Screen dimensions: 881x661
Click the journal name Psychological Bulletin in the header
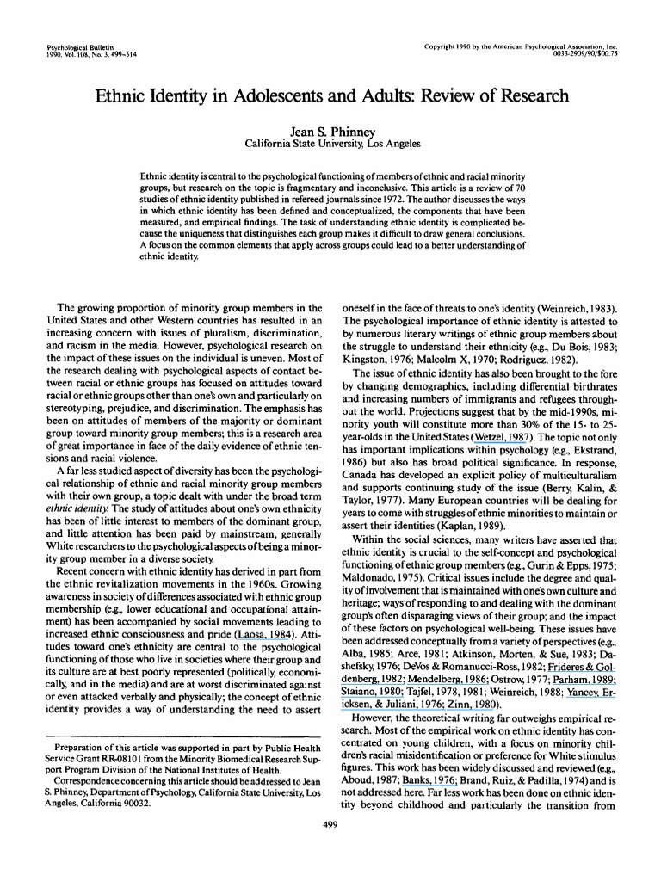point(74,40)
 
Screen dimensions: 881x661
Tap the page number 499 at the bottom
point(330,825)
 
